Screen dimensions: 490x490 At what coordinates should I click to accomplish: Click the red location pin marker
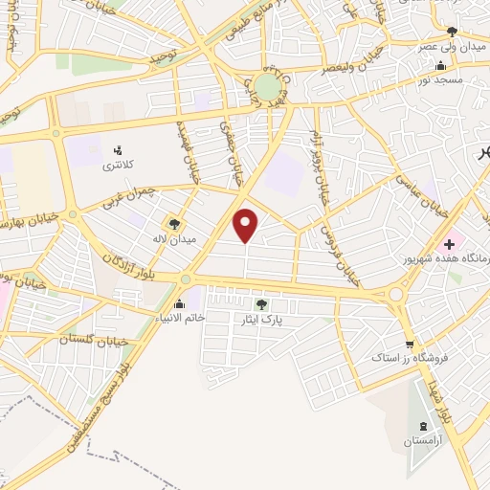pyautogui.click(x=247, y=225)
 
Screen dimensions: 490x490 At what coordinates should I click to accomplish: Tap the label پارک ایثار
pyautogui.click(x=261, y=321)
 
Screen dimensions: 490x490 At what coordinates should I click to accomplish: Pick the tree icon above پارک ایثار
pyautogui.click(x=261, y=304)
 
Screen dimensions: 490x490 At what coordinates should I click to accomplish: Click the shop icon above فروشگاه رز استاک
pyautogui.click(x=410, y=345)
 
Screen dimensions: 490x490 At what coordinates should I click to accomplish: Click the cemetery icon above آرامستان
pyautogui.click(x=422, y=425)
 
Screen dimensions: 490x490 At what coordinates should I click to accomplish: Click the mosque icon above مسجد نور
pyautogui.click(x=439, y=65)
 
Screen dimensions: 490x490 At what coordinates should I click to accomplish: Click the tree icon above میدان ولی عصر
pyautogui.click(x=452, y=32)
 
